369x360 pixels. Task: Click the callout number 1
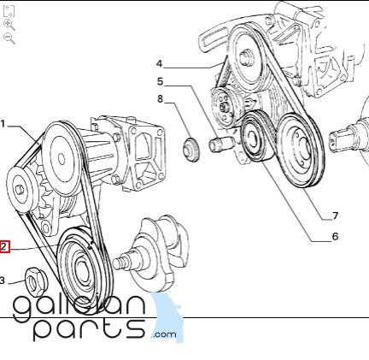click(x=3, y=124)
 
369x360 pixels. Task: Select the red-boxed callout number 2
click(x=4, y=246)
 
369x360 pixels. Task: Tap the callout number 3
click(x=3, y=280)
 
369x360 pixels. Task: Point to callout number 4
click(x=159, y=63)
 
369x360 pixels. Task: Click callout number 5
click(x=161, y=81)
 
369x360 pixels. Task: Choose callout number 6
click(x=335, y=236)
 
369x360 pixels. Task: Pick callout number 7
click(x=335, y=215)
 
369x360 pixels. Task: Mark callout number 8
click(x=160, y=99)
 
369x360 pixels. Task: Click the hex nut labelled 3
click(x=37, y=282)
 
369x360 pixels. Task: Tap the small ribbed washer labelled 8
click(x=190, y=150)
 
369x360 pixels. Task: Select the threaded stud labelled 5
click(x=222, y=144)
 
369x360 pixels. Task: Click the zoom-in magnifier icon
click(x=9, y=25)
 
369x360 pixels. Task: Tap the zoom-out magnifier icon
click(x=9, y=38)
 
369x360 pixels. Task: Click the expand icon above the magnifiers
click(x=9, y=11)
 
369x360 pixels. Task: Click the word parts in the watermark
click(x=90, y=328)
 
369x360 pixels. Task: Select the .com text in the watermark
click(x=165, y=334)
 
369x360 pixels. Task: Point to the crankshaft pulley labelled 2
click(x=85, y=271)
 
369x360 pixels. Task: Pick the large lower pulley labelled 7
click(x=301, y=150)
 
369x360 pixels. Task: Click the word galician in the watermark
click(x=79, y=305)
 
